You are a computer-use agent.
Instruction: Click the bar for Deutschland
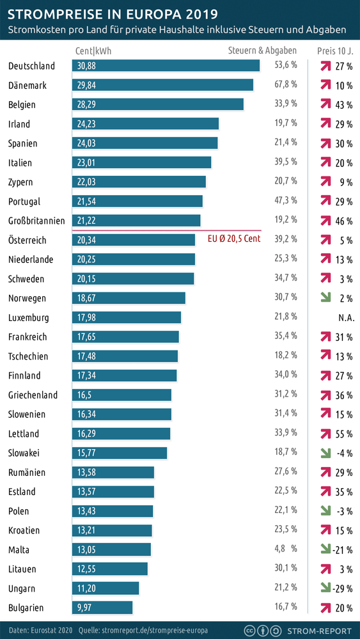[x=166, y=66]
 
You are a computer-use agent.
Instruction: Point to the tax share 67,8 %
[x=286, y=85]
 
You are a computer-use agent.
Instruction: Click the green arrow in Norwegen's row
[x=325, y=298]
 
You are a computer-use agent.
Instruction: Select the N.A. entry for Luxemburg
[x=342, y=318]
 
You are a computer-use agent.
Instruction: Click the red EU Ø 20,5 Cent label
[x=235, y=239]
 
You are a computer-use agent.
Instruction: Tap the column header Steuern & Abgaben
[x=262, y=51]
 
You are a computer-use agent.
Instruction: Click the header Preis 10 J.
[x=334, y=51]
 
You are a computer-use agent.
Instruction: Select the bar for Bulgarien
[x=102, y=607]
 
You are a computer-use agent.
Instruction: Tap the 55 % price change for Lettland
[x=344, y=434]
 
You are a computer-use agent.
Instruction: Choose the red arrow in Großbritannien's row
[x=325, y=221]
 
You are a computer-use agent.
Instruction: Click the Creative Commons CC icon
[x=253, y=630]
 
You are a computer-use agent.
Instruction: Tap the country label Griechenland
[x=33, y=395]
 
